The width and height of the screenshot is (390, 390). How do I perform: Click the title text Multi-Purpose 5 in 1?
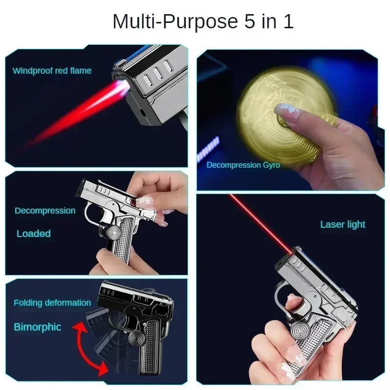(x=203, y=22)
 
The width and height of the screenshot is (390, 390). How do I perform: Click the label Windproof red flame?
(x=52, y=71)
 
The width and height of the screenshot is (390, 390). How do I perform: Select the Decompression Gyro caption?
(x=243, y=165)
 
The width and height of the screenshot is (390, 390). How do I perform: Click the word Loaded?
(x=34, y=234)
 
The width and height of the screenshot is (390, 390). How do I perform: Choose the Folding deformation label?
(x=52, y=303)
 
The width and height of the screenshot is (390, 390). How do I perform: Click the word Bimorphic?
(x=38, y=327)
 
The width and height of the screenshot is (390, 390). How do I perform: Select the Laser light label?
(x=343, y=225)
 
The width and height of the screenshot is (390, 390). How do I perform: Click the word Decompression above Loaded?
(x=45, y=211)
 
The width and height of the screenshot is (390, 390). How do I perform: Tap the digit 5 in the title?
(x=250, y=22)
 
